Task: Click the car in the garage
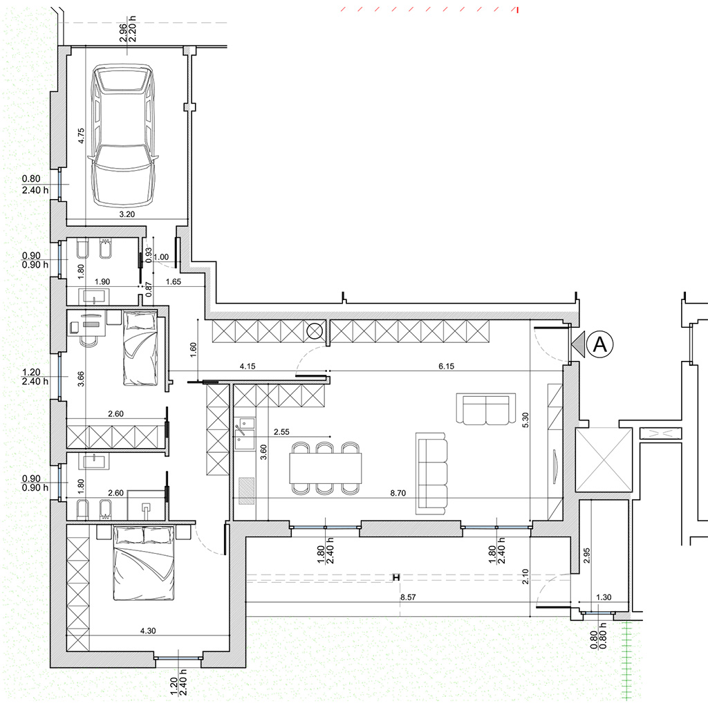(x=123, y=136)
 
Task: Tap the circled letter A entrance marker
(x=599, y=344)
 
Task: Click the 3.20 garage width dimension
(x=127, y=214)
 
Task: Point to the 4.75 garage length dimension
(x=82, y=136)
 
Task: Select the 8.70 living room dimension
(x=398, y=493)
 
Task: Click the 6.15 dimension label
(x=446, y=366)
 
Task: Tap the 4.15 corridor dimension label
(x=248, y=366)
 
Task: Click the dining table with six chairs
(x=326, y=468)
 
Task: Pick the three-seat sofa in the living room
(x=431, y=473)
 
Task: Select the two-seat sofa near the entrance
(x=486, y=409)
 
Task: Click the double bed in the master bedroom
(x=144, y=563)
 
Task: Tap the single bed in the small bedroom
(x=140, y=348)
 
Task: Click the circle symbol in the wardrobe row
(x=315, y=331)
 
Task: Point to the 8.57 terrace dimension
(x=408, y=597)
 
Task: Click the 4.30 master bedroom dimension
(x=148, y=631)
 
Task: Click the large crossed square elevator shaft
(x=604, y=460)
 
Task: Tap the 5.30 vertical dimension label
(x=525, y=420)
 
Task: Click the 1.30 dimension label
(x=603, y=597)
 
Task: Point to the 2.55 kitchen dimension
(x=281, y=431)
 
